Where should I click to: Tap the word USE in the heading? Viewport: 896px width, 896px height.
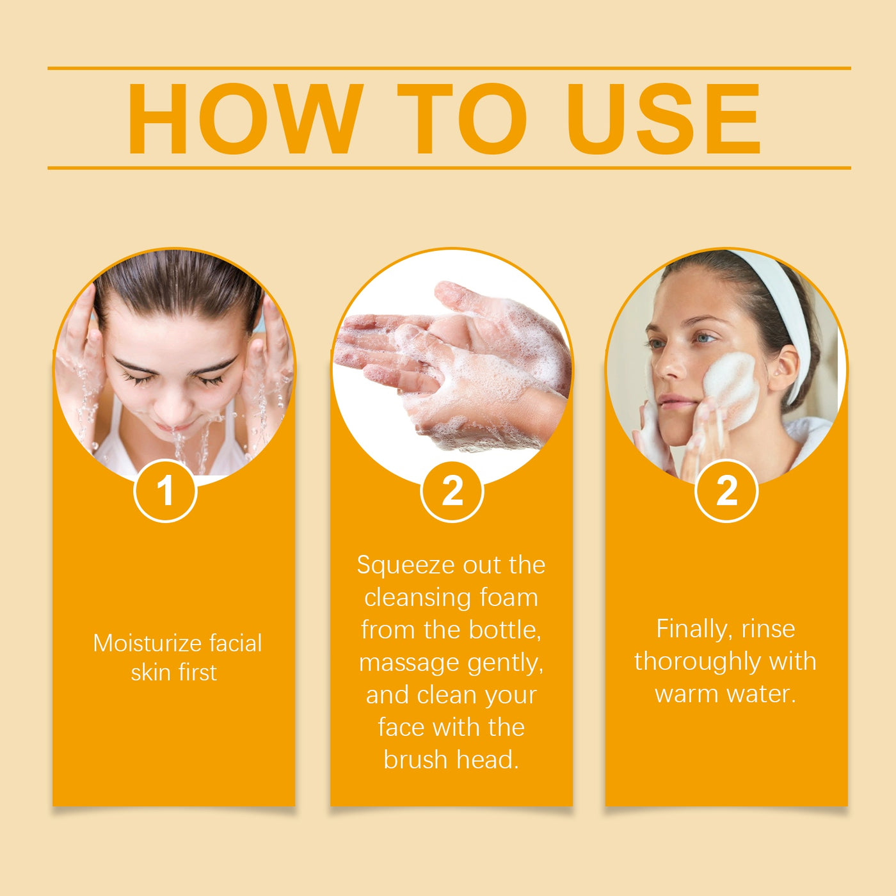click(x=664, y=119)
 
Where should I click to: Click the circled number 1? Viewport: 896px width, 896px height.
click(x=165, y=491)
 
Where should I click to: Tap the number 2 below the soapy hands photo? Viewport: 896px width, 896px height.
click(x=452, y=491)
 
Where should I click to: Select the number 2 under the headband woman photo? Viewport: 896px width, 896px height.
click(x=726, y=491)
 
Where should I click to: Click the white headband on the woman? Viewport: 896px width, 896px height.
click(x=787, y=307)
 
